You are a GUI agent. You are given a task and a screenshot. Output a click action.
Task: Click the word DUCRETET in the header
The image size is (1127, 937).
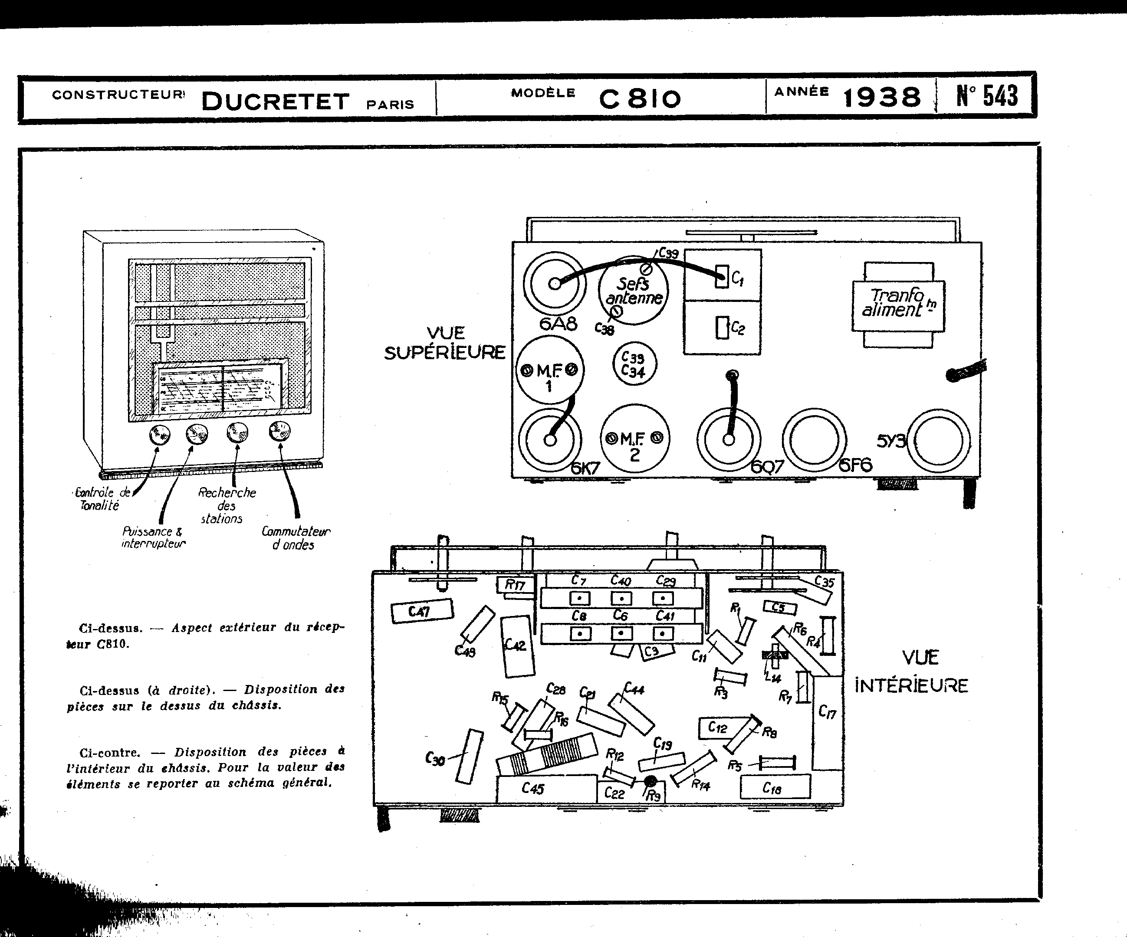point(275,102)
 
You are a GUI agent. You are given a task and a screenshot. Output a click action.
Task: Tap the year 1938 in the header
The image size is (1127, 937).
point(882,98)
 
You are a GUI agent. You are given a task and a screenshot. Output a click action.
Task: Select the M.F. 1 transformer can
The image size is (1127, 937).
point(549,370)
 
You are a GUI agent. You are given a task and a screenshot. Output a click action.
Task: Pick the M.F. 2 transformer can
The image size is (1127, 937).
point(634,438)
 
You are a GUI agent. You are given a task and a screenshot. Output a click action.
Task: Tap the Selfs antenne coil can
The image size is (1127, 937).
point(633,290)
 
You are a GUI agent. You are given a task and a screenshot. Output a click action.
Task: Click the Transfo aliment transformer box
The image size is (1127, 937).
point(898,305)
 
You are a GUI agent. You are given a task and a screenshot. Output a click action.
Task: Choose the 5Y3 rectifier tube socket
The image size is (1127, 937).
point(941,440)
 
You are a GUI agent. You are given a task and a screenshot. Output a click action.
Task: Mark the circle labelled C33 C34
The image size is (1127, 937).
point(634,364)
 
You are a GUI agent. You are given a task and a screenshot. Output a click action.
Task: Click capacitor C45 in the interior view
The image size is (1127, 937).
point(546,789)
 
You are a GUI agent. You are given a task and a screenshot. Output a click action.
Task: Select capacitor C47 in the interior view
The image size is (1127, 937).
point(422,611)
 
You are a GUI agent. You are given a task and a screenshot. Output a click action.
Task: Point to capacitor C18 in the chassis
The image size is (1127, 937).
point(775,787)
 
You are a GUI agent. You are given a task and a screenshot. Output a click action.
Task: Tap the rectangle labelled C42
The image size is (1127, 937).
point(517,646)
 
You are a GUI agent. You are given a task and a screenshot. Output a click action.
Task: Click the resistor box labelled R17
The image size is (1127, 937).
point(515,585)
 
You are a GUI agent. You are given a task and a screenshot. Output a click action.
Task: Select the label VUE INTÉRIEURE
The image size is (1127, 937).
point(911,672)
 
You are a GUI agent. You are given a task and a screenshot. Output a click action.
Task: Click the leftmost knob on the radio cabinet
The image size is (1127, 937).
point(159,435)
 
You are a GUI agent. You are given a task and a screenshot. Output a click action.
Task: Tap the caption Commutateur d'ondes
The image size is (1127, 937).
point(295,538)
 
